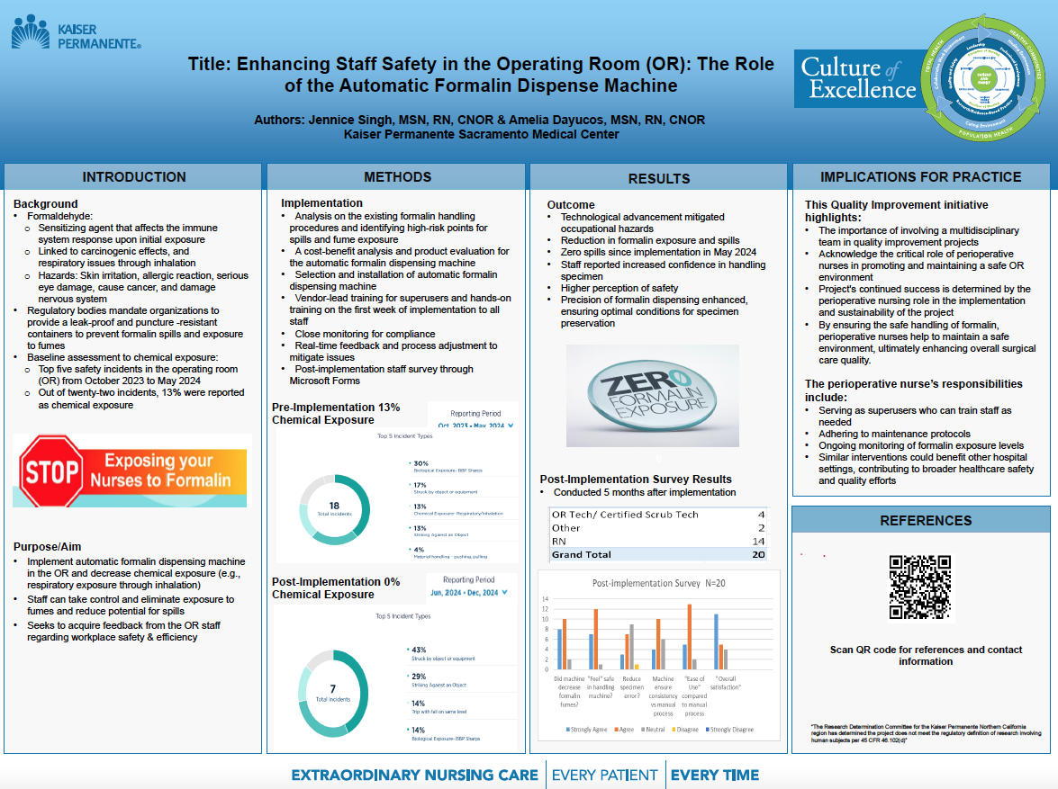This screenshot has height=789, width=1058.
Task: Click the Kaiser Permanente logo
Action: pyautogui.click(x=76, y=33)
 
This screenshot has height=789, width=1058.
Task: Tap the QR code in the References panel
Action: pyautogui.click(x=920, y=587)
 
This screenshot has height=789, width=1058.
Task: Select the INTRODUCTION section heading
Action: pyautogui.click(x=133, y=177)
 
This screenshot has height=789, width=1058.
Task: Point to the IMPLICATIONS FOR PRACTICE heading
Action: pyautogui.click(x=920, y=177)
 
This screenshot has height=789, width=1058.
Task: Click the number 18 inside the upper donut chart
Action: pyautogui.click(x=334, y=506)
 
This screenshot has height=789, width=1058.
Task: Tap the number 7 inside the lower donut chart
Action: pyautogui.click(x=333, y=689)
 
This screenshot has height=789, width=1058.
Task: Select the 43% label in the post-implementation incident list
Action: pyautogui.click(x=419, y=650)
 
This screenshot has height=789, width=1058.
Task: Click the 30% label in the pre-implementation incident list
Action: pyautogui.click(x=420, y=463)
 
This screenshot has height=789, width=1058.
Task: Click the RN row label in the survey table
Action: pyautogui.click(x=559, y=541)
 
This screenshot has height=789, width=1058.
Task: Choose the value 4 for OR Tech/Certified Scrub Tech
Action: pyautogui.click(x=761, y=515)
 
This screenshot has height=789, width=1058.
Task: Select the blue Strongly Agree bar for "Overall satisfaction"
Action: pyautogui.click(x=716, y=641)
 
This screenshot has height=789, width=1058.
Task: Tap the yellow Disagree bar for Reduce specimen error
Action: pyautogui.click(x=637, y=667)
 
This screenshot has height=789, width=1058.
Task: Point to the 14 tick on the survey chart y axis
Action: pyautogui.click(x=545, y=598)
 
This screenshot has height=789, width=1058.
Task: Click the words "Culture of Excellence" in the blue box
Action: pyautogui.click(x=858, y=79)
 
